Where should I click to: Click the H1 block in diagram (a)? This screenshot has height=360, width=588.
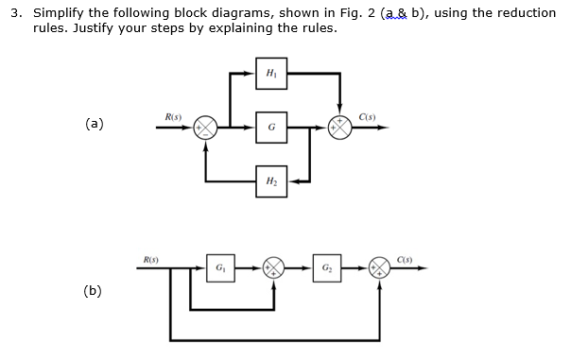click(271, 73)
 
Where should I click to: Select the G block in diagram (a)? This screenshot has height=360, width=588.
click(271, 127)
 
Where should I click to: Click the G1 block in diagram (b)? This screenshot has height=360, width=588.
click(220, 268)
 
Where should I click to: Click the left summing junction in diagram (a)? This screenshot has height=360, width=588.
click(205, 127)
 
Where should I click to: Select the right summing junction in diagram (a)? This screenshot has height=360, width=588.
click(339, 127)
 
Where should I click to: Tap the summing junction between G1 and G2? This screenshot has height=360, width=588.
click(273, 268)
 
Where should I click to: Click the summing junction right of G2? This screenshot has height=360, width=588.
click(379, 268)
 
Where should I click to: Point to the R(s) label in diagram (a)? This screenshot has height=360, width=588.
click(173, 116)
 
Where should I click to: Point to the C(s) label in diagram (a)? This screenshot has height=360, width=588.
click(368, 116)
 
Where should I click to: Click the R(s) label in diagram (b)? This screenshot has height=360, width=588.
click(149, 258)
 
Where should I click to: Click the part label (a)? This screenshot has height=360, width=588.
click(94, 124)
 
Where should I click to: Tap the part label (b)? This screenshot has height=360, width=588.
click(94, 291)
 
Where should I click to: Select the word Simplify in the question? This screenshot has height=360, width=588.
click(61, 13)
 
